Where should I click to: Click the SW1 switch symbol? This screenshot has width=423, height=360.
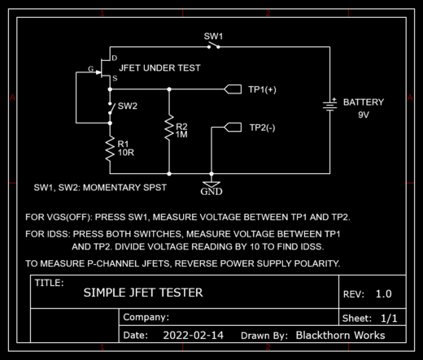[x=213, y=46]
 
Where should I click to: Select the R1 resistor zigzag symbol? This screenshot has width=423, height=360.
[x=110, y=150]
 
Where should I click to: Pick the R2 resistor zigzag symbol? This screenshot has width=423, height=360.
[x=169, y=128]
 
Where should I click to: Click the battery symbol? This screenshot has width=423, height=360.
[x=330, y=105]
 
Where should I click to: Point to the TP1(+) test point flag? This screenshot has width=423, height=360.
[x=233, y=89]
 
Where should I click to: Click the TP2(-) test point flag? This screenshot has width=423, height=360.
[x=233, y=127]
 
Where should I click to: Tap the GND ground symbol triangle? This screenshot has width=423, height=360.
[x=211, y=184]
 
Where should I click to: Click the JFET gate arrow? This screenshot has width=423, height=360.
[x=98, y=72]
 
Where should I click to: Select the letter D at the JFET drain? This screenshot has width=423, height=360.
[x=115, y=58]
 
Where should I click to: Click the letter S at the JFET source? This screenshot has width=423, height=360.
[x=115, y=78]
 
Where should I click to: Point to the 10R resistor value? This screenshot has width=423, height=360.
[x=126, y=153]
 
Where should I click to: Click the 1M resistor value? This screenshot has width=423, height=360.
[x=181, y=134]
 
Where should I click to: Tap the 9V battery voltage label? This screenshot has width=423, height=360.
[x=364, y=115]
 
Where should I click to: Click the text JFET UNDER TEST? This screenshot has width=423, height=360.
[x=159, y=67]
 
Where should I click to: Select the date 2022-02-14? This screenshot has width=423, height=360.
[x=193, y=336]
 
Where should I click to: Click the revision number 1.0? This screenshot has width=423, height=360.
[x=384, y=293]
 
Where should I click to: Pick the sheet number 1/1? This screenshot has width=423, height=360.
[x=389, y=319]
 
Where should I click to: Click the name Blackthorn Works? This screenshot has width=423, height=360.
[x=340, y=336]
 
